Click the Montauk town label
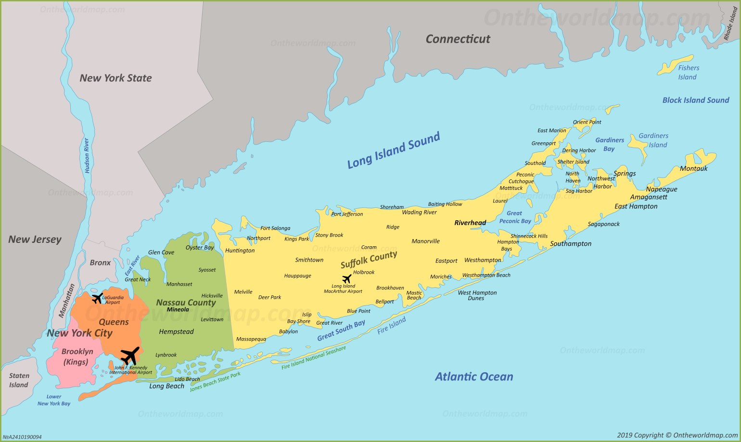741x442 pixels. [693, 168]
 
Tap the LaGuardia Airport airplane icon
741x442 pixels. [97, 298]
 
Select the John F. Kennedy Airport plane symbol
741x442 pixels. [129, 356]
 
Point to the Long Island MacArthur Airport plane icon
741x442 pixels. [346, 278]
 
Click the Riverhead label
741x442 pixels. [470, 223]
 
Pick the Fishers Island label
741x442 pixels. [688, 73]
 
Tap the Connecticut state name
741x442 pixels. [458, 39]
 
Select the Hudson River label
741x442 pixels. [87, 155]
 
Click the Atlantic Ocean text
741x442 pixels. [474, 377]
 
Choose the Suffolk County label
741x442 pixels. [369, 260]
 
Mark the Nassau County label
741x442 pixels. [186, 303]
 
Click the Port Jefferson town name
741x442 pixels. [347, 214]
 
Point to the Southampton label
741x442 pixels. [571, 244]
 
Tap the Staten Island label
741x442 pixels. [19, 380]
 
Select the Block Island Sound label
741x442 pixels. [695, 100]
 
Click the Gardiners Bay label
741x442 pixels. [609, 144]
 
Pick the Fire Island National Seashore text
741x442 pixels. [314, 358]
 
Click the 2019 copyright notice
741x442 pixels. [677, 435]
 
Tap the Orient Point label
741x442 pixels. [587, 122]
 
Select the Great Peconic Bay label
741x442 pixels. [515, 217]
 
